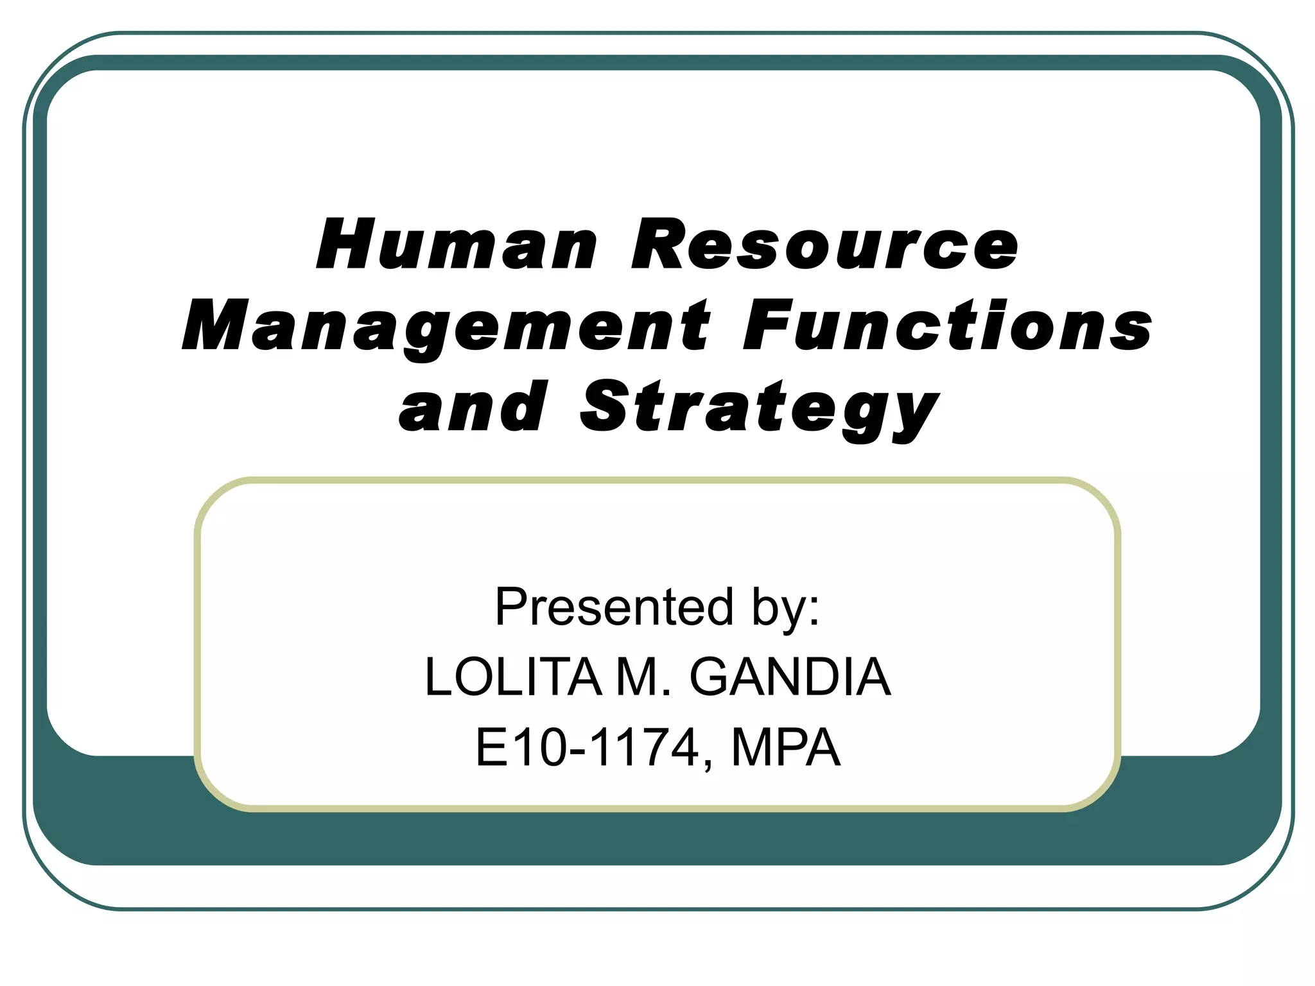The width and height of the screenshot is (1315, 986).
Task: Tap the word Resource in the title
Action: [x=825, y=245]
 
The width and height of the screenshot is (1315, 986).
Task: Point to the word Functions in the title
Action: [x=948, y=326]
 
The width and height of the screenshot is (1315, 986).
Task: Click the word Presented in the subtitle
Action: [x=614, y=607]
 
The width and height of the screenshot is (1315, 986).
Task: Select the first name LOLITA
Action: [x=514, y=677]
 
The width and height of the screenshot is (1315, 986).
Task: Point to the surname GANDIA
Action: [x=790, y=677]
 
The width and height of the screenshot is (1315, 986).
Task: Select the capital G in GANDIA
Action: [x=712, y=677]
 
